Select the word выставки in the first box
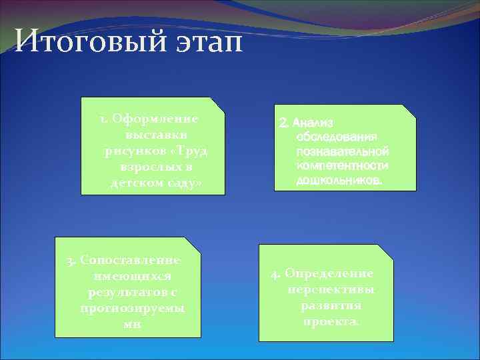153,135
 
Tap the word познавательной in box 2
343,151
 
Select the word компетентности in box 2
343,165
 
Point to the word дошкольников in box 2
339,180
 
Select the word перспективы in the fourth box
331,290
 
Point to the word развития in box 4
331,306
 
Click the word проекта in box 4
330,321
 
